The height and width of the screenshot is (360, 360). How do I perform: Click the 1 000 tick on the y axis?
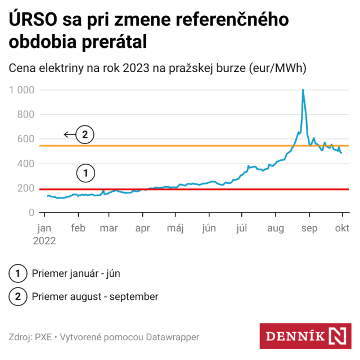pyautogui.click(x=22, y=90)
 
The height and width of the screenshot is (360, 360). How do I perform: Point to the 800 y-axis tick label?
pyautogui.click(x=26, y=115)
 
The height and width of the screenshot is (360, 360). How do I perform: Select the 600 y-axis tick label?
pyautogui.click(x=26, y=139)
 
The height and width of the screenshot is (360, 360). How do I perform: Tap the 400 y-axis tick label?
pyautogui.click(x=26, y=164)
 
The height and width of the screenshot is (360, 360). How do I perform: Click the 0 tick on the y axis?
pyautogui.click(x=31, y=213)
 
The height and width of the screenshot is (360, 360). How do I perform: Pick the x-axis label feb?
pyautogui.click(x=78, y=228)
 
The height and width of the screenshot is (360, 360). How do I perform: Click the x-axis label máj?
pyautogui.click(x=176, y=228)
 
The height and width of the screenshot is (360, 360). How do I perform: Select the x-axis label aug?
pyautogui.click(x=276, y=228)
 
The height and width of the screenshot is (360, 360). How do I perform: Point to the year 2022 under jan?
pyautogui.click(x=46, y=240)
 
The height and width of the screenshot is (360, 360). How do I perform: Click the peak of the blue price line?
pyautogui.click(x=303, y=90)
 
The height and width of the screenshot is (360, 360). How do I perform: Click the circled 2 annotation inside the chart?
pyautogui.click(x=85, y=135)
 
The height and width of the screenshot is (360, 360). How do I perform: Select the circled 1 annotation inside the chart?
pyautogui.click(x=85, y=173)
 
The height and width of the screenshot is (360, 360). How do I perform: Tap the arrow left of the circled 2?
pyautogui.click(x=69, y=135)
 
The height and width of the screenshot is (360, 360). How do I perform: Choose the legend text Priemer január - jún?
pyautogui.click(x=76, y=274)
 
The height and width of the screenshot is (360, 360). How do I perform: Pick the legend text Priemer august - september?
pyautogui.click(x=95, y=296)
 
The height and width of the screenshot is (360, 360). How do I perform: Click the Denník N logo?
pyautogui.click(x=305, y=336)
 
